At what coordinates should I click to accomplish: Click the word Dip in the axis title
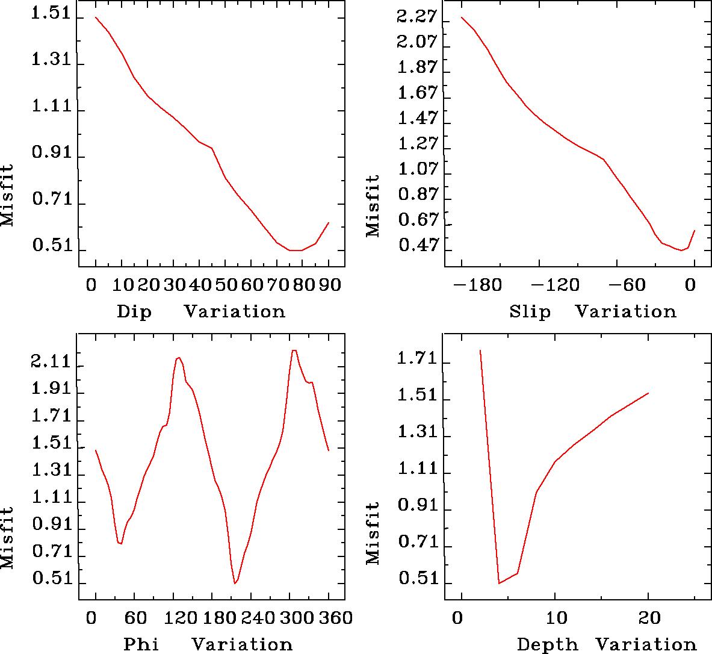(x=134, y=312)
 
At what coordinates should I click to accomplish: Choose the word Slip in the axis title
(x=530, y=312)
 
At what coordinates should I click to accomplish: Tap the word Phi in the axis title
(x=141, y=644)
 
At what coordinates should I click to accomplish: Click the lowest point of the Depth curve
(x=499, y=583)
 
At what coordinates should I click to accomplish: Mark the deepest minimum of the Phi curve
(x=235, y=583)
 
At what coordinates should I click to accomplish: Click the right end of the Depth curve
(x=648, y=393)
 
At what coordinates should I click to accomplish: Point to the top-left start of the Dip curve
(x=96, y=17)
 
